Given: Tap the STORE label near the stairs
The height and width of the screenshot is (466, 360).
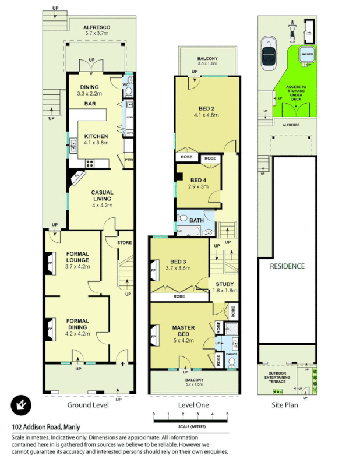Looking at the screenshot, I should point(124,243).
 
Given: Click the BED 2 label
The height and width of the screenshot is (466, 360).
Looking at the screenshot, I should point(204,108).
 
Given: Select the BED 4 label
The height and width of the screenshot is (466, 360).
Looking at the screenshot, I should point(199,180).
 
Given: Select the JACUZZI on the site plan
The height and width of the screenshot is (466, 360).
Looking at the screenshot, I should point(307,54).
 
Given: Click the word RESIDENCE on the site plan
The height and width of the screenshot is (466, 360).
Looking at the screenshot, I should point(287,266).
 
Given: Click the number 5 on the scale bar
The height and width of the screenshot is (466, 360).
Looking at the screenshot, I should point(227,414).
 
